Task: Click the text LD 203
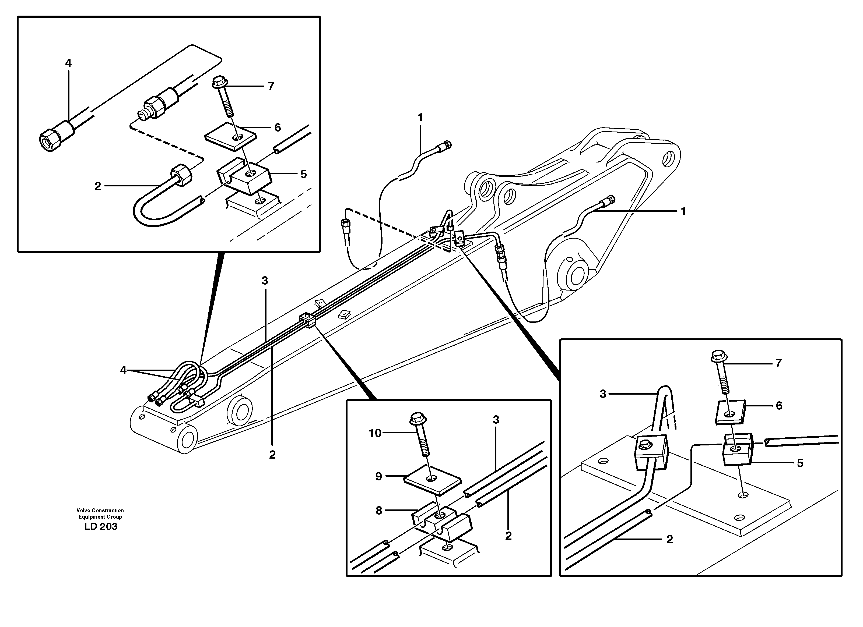click(101, 527)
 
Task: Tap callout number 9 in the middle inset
click(379, 476)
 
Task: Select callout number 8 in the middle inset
click(379, 511)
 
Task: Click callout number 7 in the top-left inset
click(271, 86)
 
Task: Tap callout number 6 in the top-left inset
click(277, 128)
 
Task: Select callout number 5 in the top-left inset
click(303, 174)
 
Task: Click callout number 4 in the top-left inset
click(68, 63)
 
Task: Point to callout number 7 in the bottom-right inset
click(778, 363)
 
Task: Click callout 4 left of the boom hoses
click(123, 370)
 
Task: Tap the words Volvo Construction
click(100, 510)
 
